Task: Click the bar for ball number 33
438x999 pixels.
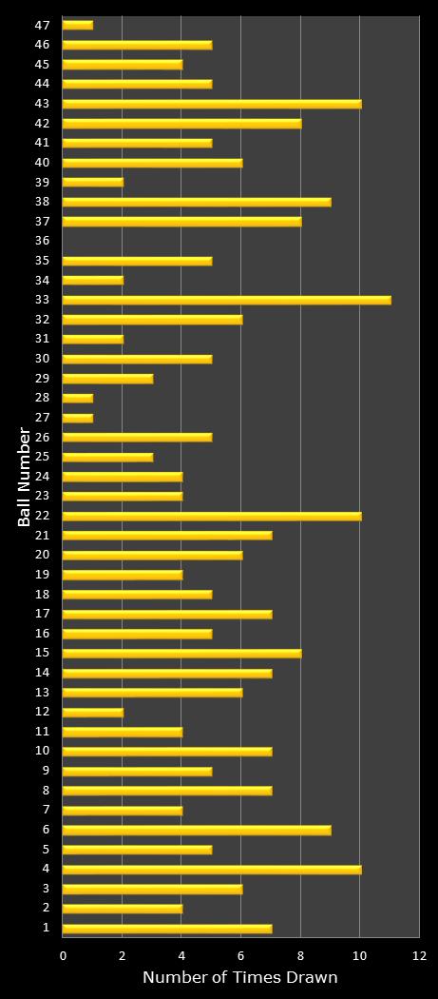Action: click(x=226, y=300)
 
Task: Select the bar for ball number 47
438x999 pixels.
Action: click(x=78, y=25)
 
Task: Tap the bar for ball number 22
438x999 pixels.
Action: click(x=211, y=516)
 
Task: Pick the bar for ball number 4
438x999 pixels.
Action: click(x=211, y=869)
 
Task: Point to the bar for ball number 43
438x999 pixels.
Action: click(x=211, y=104)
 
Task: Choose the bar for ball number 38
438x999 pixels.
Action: click(x=197, y=202)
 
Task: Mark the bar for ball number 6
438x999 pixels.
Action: click(x=197, y=830)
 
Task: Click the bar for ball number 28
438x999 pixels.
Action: click(x=78, y=398)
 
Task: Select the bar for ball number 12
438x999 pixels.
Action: click(x=92, y=712)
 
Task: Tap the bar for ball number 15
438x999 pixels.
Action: click(x=181, y=653)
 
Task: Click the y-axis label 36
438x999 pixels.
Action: click(x=42, y=241)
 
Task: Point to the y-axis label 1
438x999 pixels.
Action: click(x=46, y=928)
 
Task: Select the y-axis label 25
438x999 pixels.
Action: click(x=42, y=457)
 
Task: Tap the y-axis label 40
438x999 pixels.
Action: click(x=42, y=163)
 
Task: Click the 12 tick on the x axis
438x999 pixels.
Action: click(x=419, y=955)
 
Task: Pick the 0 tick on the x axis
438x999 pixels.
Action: click(x=64, y=955)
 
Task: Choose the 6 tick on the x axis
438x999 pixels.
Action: click(x=241, y=955)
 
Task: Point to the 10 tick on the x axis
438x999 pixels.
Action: click(x=359, y=955)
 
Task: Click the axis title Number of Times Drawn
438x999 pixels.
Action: click(x=239, y=978)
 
